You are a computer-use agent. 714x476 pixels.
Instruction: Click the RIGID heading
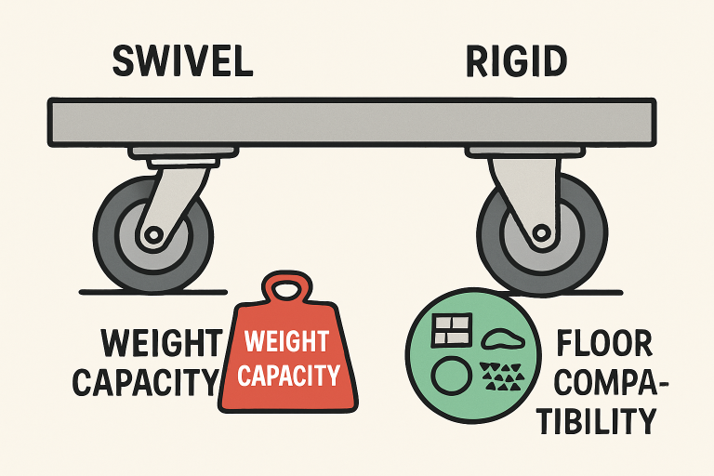[x=517, y=60]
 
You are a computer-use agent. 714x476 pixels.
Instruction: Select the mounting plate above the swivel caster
[x=173, y=152]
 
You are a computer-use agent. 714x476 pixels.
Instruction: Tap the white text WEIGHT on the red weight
[x=287, y=341]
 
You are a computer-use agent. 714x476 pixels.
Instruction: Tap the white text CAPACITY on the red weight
[x=288, y=376]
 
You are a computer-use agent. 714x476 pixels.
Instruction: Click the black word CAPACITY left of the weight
[x=147, y=381]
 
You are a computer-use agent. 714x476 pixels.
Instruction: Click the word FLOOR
[x=604, y=345]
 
